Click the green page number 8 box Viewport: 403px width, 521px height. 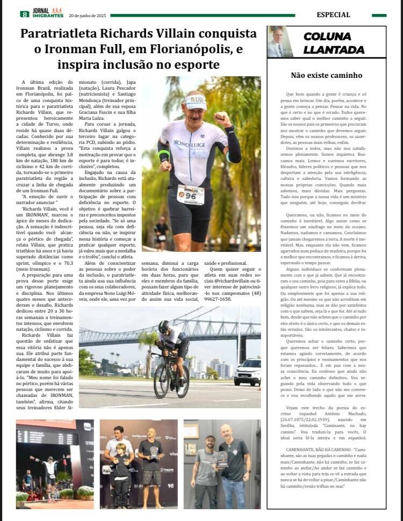(24, 15)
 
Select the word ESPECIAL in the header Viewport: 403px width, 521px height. (334, 15)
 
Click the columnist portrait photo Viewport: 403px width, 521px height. (280, 42)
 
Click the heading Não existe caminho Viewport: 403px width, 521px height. (326, 76)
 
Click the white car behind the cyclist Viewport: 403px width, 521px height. (248, 372)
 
